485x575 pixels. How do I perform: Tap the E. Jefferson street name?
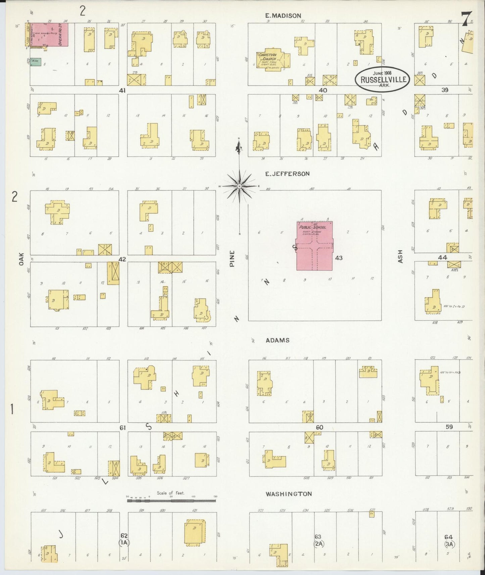(x=287, y=174)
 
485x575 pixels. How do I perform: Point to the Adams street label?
(x=277, y=340)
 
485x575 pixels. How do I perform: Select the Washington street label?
(x=289, y=494)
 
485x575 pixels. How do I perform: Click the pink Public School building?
(x=314, y=246)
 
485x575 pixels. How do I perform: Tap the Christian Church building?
(x=270, y=61)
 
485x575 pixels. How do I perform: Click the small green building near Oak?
(x=33, y=61)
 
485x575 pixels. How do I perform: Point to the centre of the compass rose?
(x=239, y=186)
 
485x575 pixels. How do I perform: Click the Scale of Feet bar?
(x=171, y=501)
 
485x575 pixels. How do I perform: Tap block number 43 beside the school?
(x=338, y=258)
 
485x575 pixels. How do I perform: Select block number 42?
(x=122, y=259)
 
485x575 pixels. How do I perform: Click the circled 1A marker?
(x=124, y=542)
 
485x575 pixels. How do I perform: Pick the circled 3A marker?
(x=449, y=544)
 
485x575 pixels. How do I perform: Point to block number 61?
(x=123, y=428)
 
